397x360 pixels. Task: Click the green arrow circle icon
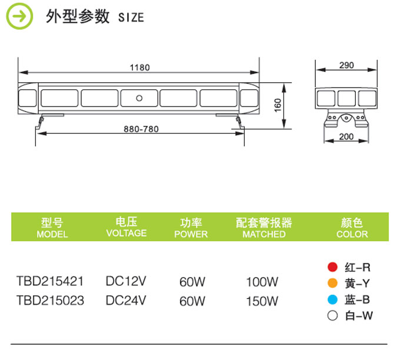[19, 16]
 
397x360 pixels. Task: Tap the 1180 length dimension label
[140, 68]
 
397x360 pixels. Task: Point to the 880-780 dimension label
[141, 129]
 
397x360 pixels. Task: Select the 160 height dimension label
[278, 105]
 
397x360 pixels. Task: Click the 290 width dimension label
[346, 65]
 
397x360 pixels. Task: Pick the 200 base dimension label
[346, 136]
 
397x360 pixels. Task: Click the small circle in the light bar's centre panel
[139, 98]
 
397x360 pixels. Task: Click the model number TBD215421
[50, 281]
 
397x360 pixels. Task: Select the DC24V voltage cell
[126, 301]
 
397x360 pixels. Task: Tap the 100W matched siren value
[262, 282]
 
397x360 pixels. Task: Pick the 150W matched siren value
[262, 301]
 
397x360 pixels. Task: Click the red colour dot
[332, 267]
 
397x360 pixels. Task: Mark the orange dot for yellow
[332, 283]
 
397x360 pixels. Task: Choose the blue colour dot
[332, 299]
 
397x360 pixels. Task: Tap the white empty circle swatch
[332, 316]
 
